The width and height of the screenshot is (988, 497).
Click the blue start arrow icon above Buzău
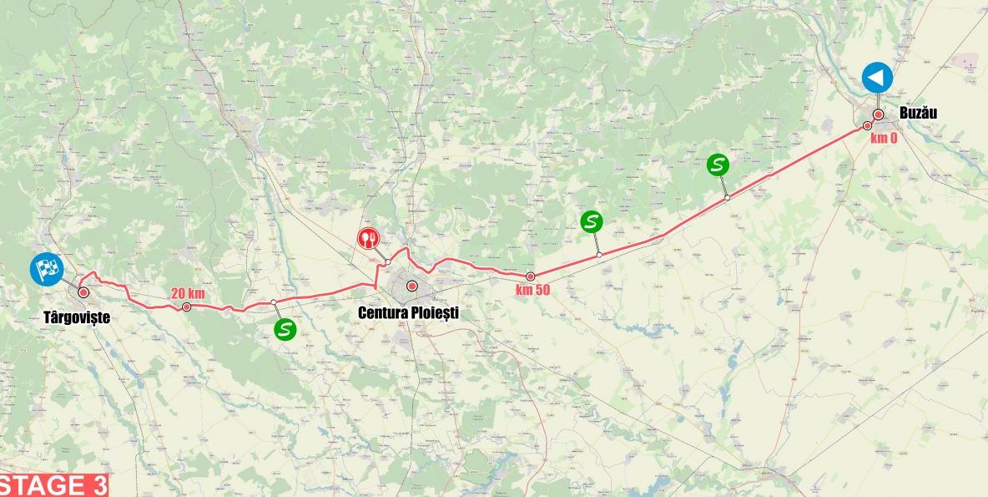pos(877,78)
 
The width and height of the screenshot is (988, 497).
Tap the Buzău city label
pos(918,113)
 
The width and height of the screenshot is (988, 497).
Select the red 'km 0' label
pos(884,138)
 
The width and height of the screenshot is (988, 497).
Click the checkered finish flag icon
pos(47,269)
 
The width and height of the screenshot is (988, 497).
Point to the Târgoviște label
pos(77,317)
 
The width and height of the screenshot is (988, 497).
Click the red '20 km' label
pos(188,293)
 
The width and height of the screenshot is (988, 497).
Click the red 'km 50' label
pos(532,291)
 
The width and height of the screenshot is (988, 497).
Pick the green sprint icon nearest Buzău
pos(717,165)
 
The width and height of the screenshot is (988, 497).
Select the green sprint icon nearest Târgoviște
pos(285,329)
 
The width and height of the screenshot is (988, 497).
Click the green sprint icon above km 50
pos(592,221)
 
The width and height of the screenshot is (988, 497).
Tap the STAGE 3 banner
pos(54,485)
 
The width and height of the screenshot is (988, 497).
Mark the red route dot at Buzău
pos(879,114)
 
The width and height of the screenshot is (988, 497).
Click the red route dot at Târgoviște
pos(83,292)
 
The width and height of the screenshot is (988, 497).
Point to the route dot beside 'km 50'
pos(530,276)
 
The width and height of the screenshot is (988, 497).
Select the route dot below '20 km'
pos(187,307)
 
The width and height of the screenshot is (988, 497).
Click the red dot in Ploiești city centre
pos(411,286)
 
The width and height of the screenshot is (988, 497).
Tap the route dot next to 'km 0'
pos(867,125)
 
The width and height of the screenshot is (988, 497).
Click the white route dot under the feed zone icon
pos(388,262)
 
